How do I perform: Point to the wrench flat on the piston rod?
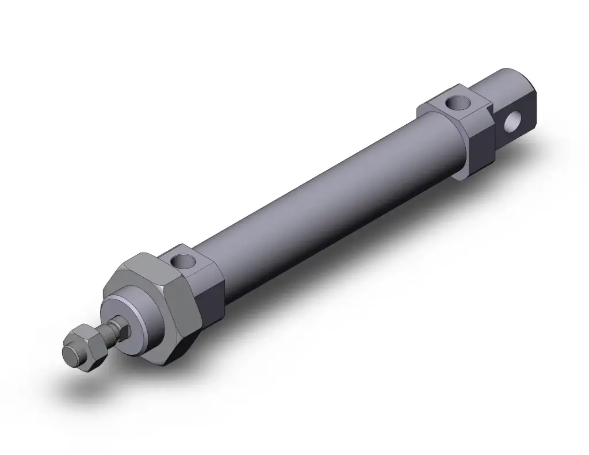[117, 328]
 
